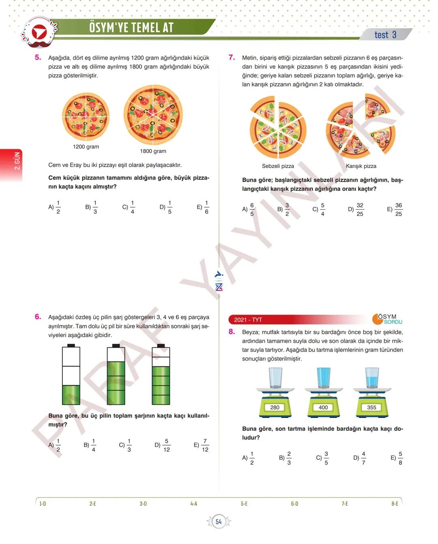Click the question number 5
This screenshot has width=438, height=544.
click(38, 58)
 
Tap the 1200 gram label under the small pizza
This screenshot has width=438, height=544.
click(86, 147)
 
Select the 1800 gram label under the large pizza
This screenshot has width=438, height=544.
click(153, 151)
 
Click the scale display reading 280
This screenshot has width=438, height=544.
click(275, 407)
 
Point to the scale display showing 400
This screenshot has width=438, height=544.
click(323, 407)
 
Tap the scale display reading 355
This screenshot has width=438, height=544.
click(371, 407)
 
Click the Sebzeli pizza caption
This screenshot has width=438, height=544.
click(278, 166)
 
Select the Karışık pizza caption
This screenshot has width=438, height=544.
click(361, 166)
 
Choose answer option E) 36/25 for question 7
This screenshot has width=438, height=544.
click(395, 209)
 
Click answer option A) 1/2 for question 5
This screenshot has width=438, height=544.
click(54, 207)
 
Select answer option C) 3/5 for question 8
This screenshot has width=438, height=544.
click(323, 458)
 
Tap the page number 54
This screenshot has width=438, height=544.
click(219, 522)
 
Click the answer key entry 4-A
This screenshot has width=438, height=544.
click(194, 504)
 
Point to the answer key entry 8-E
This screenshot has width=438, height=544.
click(395, 504)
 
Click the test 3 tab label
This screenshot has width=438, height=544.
click(385, 34)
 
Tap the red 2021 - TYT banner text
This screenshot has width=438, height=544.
click(248, 320)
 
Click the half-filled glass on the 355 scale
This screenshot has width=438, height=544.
click(372, 378)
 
